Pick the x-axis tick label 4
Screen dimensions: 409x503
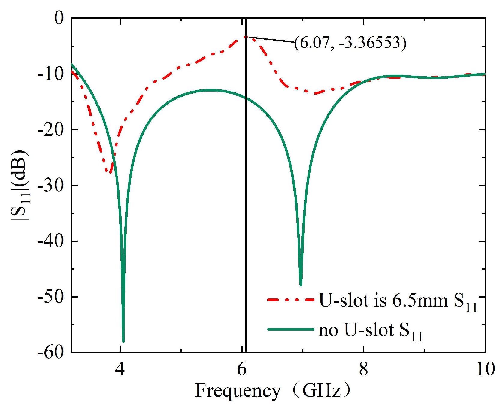[120, 369]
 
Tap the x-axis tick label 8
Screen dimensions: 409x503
[363, 369]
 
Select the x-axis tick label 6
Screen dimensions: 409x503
[242, 369]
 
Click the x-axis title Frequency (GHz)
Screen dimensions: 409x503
[273, 391]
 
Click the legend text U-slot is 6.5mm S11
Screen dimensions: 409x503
[398, 301]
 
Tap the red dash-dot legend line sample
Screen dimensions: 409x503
[290, 300]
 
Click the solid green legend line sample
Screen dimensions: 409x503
[290, 329]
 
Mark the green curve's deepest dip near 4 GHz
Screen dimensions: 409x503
[123, 341]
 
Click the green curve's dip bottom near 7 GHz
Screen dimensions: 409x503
[301, 285]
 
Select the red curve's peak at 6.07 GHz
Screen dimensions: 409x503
[246, 37]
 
